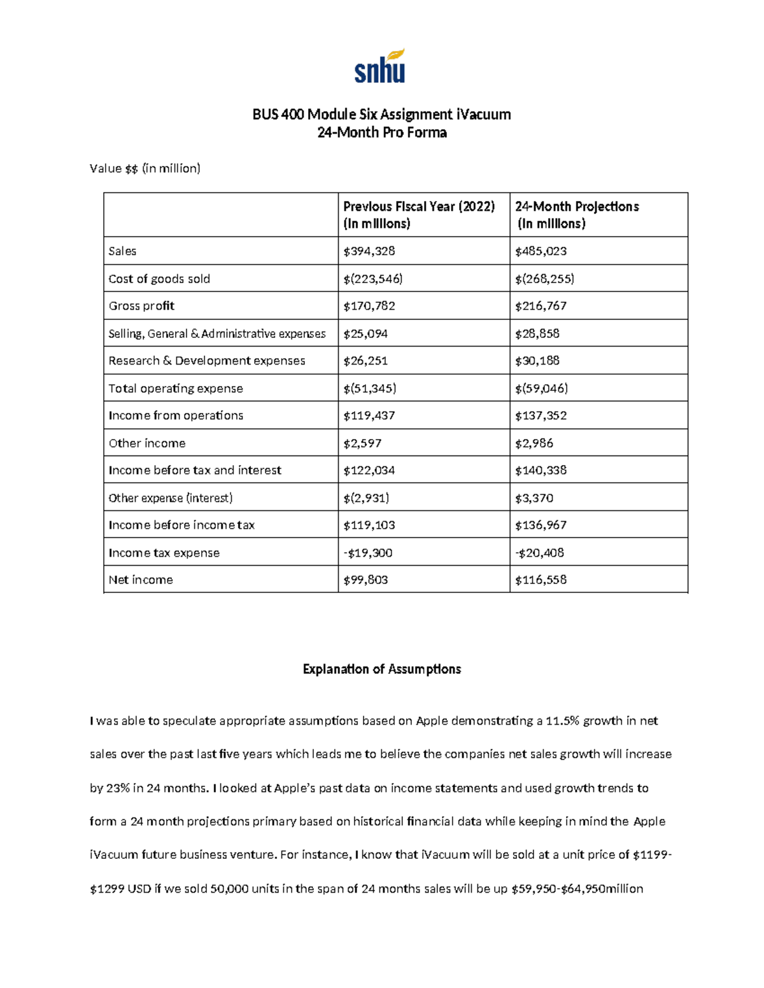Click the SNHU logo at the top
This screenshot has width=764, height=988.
pos(380,67)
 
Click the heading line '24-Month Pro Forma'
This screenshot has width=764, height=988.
pos(382,132)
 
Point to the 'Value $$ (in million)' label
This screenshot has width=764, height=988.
pos(145,169)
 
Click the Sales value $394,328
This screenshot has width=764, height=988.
pos(369,251)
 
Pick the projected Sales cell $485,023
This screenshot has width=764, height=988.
pos(541,251)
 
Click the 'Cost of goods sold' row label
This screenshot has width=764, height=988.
pos(159,279)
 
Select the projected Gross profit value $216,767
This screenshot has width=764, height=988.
pos(541,306)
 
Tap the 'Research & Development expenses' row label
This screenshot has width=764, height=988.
pos(206,361)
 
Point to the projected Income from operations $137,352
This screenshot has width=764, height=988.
pos(541,415)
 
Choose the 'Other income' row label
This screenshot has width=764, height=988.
pos(147,443)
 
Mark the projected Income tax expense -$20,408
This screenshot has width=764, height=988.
pos(539,553)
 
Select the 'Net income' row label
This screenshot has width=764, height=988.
pos(141,580)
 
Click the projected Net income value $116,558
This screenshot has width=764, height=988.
pos(541,580)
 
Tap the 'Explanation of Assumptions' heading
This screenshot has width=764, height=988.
pos(381,669)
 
